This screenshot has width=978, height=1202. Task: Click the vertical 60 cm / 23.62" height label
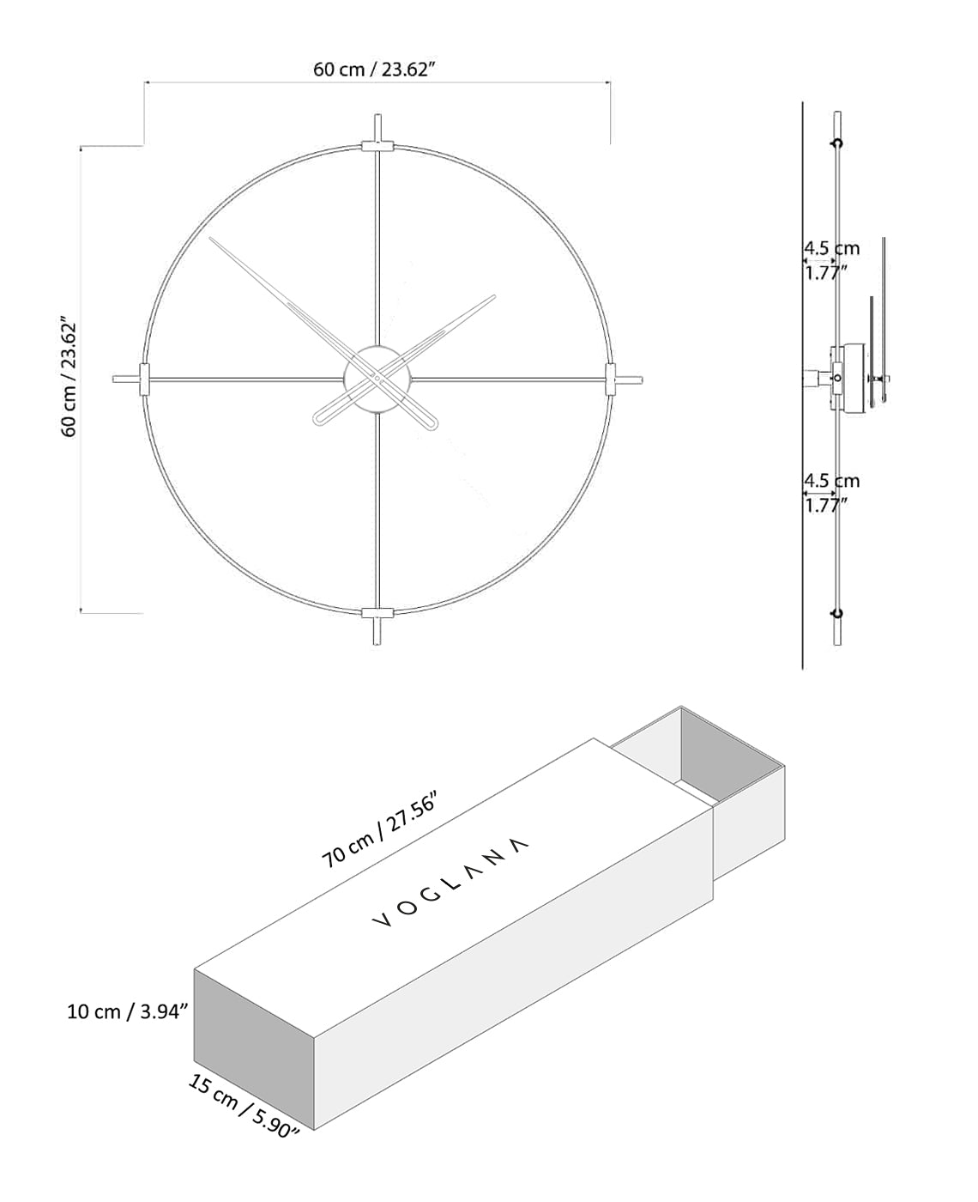point(69,378)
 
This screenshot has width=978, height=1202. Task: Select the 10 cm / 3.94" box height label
point(127,1011)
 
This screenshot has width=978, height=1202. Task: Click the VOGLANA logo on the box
point(450,883)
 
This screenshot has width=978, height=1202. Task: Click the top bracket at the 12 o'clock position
point(377,146)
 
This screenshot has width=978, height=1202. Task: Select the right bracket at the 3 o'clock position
point(610,379)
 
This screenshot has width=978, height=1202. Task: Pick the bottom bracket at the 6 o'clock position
point(377,612)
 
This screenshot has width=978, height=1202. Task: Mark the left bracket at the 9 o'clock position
point(142,378)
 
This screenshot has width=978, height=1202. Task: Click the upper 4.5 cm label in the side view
point(830,248)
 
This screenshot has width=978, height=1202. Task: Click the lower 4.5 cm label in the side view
point(830,481)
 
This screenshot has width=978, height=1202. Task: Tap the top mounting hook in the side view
point(837,143)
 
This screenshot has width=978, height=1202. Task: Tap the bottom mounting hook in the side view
point(837,612)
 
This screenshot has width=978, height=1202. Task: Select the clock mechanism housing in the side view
point(847,378)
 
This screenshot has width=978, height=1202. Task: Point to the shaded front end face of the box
point(254,1047)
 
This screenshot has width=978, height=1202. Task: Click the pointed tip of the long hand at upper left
point(211,238)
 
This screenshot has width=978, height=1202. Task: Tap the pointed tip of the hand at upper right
point(495,296)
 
